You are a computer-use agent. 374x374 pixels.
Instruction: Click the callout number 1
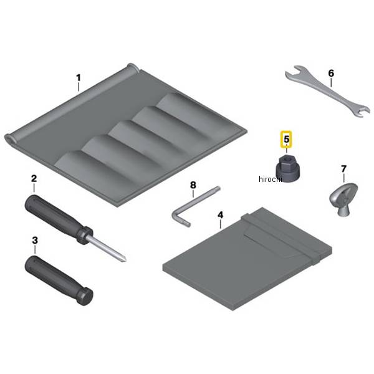[x=79, y=78]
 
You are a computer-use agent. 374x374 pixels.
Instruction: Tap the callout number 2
[x=34, y=179]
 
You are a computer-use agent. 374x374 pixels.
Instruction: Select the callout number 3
[x=35, y=241]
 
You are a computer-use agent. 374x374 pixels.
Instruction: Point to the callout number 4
[x=221, y=215]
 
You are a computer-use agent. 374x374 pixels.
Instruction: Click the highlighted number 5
[x=286, y=139]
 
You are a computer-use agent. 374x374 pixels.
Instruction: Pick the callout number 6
[x=331, y=73]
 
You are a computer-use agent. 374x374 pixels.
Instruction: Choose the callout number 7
[x=343, y=169]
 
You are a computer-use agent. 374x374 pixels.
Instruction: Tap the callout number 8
[x=193, y=185]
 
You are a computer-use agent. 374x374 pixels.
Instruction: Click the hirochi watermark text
[x=271, y=179]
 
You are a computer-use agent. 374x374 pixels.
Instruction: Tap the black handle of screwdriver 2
[x=58, y=219]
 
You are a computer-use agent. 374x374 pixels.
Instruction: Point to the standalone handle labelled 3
[x=59, y=280]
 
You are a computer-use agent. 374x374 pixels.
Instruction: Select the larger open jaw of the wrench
[x=293, y=72]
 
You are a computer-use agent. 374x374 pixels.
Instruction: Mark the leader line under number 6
[x=331, y=82]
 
